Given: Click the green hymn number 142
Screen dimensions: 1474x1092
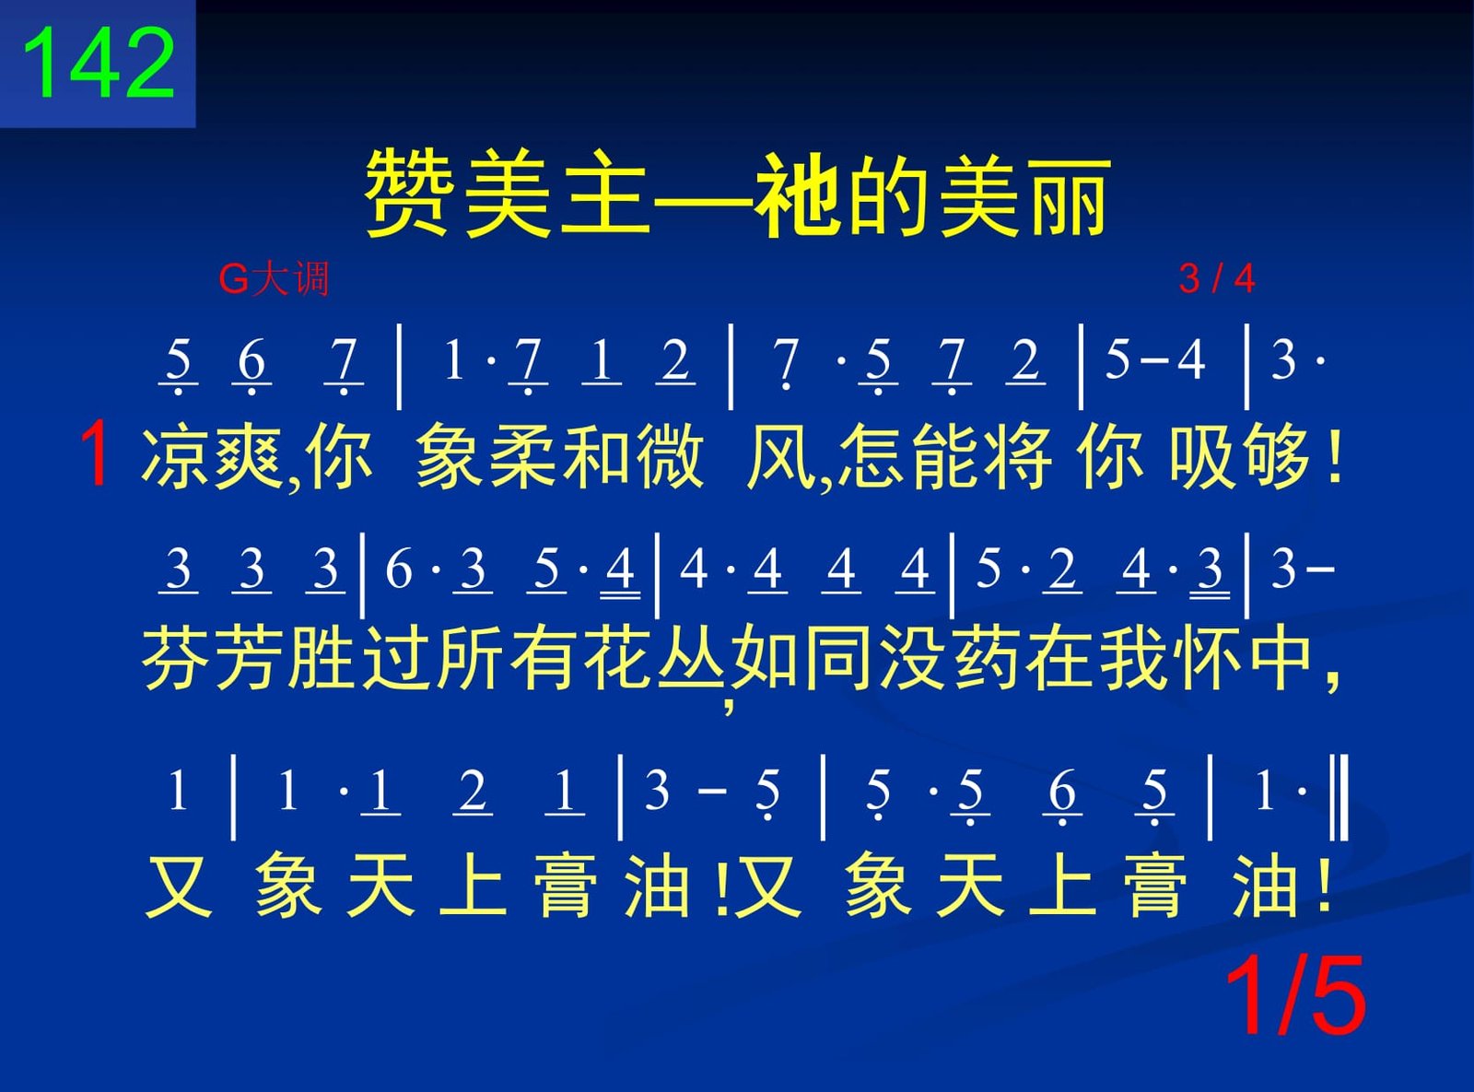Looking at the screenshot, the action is click(99, 64).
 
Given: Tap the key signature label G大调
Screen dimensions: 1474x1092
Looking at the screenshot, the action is click(274, 278).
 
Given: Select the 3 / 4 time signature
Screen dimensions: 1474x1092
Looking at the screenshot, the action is click(1216, 278).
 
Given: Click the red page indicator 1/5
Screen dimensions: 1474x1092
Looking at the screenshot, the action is click(1295, 994).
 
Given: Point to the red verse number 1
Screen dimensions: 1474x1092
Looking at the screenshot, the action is click(96, 457).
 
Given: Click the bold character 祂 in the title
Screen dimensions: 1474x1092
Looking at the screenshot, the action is click(795, 194).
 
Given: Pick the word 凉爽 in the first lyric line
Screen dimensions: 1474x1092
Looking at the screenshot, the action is click(211, 457).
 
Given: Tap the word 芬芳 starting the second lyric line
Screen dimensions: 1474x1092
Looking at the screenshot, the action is click(214, 659).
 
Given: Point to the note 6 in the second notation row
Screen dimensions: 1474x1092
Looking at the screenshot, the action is click(398, 569).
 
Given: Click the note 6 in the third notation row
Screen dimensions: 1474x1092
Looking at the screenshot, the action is click(1061, 792).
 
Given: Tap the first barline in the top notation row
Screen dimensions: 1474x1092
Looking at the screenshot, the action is click(399, 367).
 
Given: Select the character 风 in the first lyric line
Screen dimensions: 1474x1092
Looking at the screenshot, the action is click(781, 457).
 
